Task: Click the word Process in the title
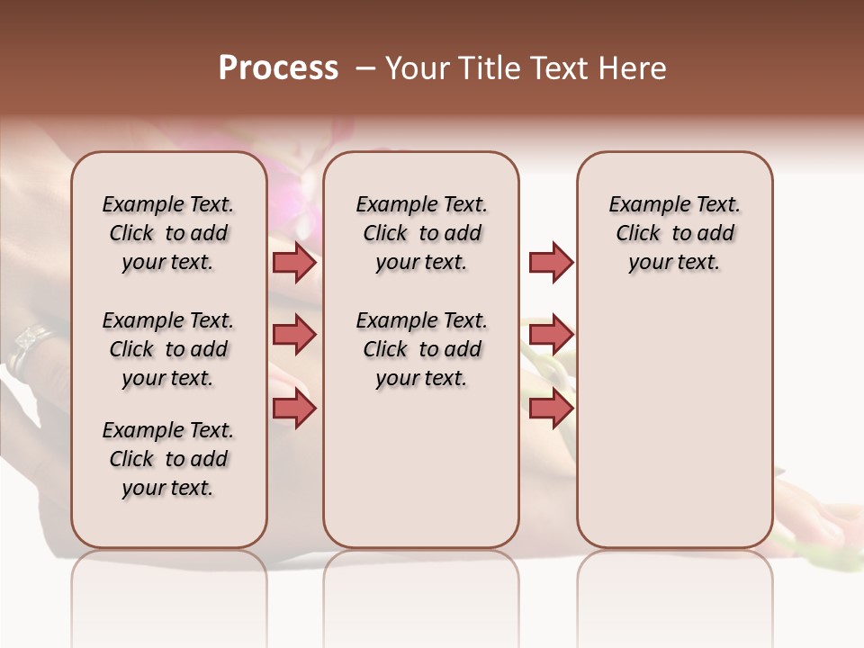coord(278,68)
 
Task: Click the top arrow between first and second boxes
coord(294,263)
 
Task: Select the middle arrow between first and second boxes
coord(294,335)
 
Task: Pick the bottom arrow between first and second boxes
coord(294,409)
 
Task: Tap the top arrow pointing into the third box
coord(551,263)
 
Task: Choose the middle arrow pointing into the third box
coord(551,335)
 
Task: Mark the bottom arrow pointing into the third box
coord(551,409)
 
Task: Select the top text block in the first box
coord(168,233)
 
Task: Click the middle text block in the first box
coord(168,349)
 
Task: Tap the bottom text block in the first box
coord(168,459)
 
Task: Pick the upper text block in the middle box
coord(421,233)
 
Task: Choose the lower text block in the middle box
coord(421,349)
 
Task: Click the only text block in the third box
coord(674,233)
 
